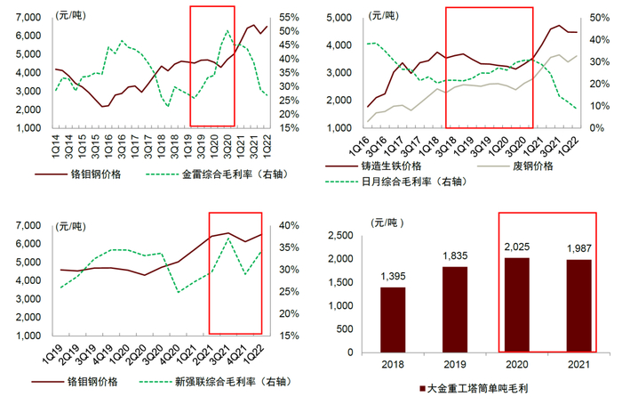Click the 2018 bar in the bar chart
(392, 319)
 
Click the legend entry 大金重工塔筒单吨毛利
(485, 389)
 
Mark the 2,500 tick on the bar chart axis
(344, 236)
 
